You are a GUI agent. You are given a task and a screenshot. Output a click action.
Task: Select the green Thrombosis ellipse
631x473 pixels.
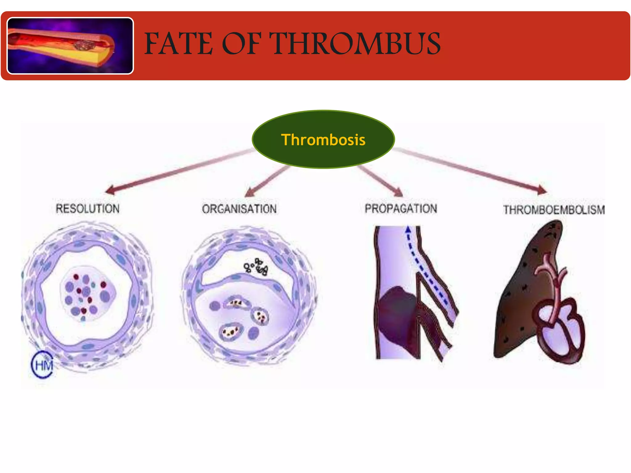pos(323,139)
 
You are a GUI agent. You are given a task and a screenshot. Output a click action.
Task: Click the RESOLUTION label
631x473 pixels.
pos(88,208)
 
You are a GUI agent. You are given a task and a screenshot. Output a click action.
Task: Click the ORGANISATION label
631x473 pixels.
pos(239,209)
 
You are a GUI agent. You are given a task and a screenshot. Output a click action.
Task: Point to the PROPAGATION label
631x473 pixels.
pos(401,208)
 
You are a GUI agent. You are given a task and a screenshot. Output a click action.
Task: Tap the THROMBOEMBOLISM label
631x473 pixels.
pos(554,210)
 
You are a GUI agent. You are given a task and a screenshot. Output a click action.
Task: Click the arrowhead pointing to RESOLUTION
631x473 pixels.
pos(110,190)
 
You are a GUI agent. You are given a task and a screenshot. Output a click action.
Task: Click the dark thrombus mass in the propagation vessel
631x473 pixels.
pos(397,314)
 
